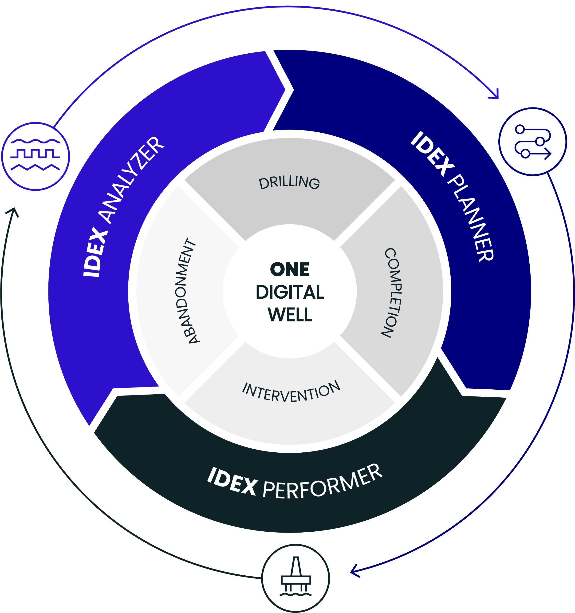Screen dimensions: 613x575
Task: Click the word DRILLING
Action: click(x=289, y=182)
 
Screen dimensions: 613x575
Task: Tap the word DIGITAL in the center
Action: click(x=290, y=292)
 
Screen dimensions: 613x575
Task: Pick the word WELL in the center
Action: click(x=290, y=315)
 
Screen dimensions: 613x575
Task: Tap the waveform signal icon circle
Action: click(x=35, y=156)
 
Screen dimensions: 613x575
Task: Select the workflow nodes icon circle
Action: click(x=532, y=142)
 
